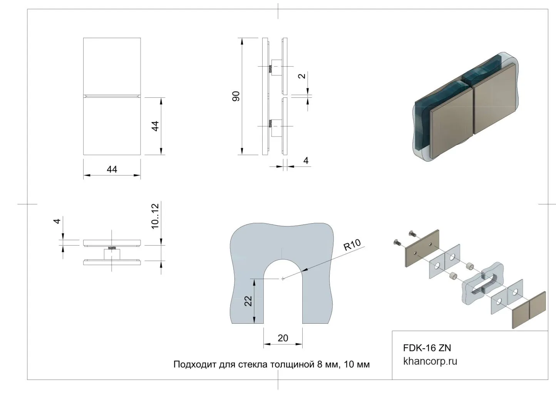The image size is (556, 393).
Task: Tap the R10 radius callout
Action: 352,245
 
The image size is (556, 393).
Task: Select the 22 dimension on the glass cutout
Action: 248,300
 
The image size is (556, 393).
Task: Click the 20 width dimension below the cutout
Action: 283,338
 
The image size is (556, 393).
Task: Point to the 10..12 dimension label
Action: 155,217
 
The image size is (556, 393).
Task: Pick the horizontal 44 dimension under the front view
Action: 112,169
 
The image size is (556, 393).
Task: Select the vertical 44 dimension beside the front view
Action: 155,126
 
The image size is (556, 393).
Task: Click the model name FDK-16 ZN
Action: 427,348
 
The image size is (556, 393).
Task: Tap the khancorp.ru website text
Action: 430,361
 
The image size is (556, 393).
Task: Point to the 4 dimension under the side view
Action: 306,161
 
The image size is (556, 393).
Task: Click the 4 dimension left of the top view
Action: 57,221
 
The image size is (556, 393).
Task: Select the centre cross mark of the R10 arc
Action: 283,278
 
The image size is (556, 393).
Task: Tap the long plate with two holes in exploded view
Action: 422,248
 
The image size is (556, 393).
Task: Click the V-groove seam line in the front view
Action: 112,95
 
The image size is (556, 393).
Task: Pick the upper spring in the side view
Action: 271,69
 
